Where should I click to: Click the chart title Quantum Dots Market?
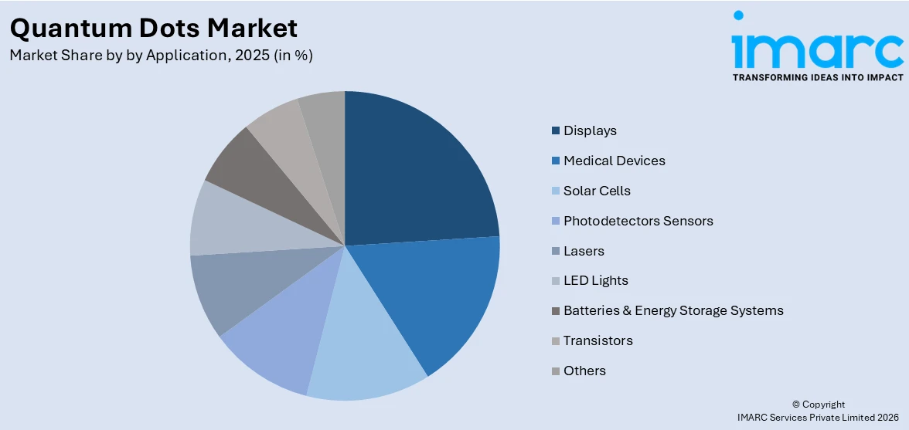[153, 28]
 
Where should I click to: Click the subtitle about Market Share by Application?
[161, 56]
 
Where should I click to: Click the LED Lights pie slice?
[232, 220]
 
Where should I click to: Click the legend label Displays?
[590, 130]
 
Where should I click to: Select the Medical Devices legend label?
[614, 161]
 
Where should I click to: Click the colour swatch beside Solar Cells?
[556, 191]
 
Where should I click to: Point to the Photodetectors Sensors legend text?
[638, 221]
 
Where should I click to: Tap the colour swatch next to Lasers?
[556, 251]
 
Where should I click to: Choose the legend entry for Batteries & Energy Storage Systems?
[672, 310]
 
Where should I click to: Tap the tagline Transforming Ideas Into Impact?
[817, 77]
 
